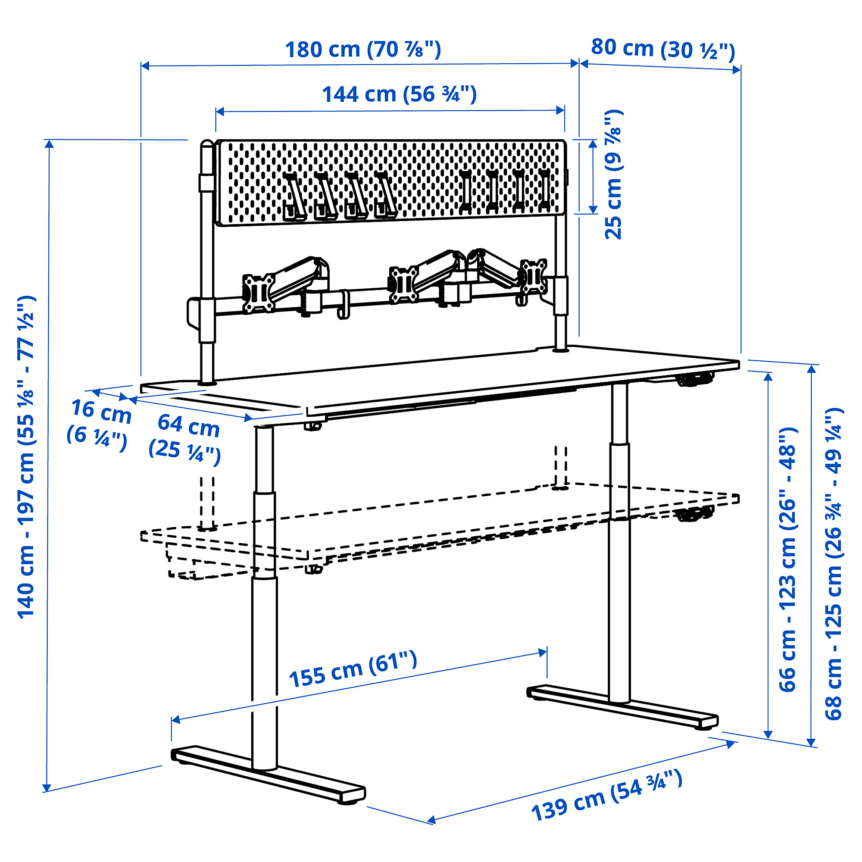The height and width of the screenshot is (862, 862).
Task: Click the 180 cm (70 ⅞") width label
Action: [363, 50]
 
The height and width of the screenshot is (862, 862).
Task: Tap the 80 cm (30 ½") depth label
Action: [662, 49]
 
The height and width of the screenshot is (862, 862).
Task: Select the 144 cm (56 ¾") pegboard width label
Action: [400, 94]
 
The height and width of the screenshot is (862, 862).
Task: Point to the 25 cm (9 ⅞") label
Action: [613, 174]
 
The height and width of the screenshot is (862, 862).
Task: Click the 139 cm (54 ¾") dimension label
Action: [607, 796]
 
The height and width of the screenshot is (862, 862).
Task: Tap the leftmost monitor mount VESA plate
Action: [258, 293]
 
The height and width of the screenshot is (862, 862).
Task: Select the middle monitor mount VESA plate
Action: [404, 284]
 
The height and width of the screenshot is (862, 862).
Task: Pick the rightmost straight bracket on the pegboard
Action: [544, 190]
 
